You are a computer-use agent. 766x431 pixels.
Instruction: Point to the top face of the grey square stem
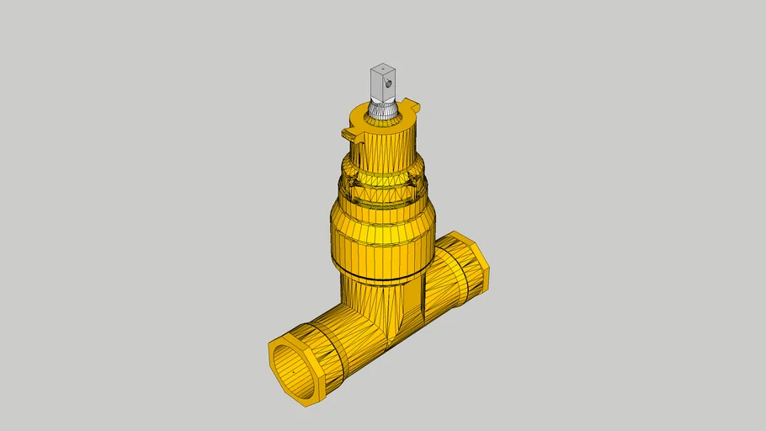click(382, 67)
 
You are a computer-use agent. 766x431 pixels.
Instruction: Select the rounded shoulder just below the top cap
click(384, 165)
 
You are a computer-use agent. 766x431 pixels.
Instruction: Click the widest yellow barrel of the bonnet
click(382, 236)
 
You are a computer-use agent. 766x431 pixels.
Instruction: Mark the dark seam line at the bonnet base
click(382, 276)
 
